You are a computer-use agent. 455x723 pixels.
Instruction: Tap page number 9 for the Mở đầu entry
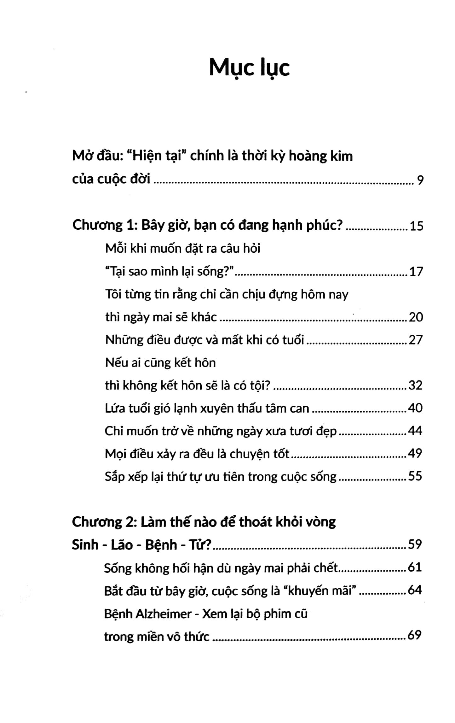[420, 180]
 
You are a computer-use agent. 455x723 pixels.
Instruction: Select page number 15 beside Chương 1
[416, 226]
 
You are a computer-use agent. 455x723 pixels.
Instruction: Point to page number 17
[416, 272]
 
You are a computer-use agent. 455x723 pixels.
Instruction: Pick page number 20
[416, 317]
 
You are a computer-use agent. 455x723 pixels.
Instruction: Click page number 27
[416, 340]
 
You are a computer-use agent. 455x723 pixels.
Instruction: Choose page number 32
[415, 385]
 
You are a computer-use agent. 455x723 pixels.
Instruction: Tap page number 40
[415, 408]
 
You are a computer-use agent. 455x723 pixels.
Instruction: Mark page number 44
[415, 431]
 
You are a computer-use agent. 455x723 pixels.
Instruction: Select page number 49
[415, 453]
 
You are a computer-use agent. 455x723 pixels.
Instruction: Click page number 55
[415, 476]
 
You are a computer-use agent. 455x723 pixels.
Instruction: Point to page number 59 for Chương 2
[415, 544]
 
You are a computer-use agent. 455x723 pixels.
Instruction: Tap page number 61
[415, 567]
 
